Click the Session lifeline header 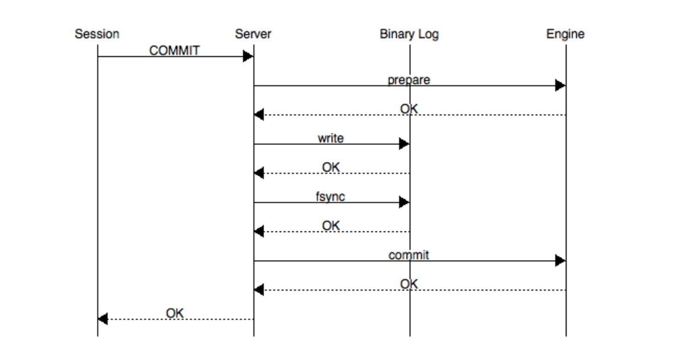coord(97,34)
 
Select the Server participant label coord(253,34)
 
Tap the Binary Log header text coord(409,34)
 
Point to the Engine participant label coord(565,34)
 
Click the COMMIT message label coord(174,50)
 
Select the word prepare coord(409,80)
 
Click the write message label coord(331,138)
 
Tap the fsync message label coord(330,196)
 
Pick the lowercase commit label coord(409,255)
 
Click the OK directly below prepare coord(409,109)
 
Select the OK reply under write coord(331,167)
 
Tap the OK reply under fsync coord(331,225)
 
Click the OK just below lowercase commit coord(409,284)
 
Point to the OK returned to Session coord(175,313)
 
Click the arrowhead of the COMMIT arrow coord(248,56)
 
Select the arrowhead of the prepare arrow coord(560,85)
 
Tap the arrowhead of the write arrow coord(404,144)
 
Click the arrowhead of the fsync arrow coord(404,202)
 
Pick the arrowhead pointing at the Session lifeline coord(103,319)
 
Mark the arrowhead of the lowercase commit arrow coord(560,260)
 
